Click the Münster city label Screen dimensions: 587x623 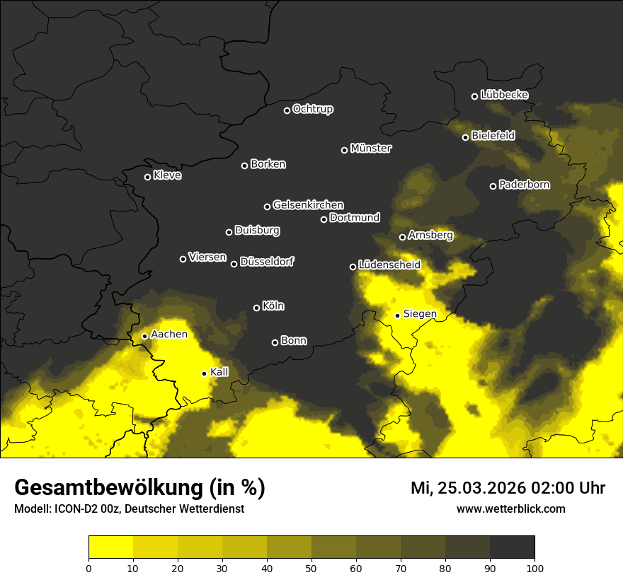(x=370, y=149)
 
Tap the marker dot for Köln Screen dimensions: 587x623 (x=256, y=308)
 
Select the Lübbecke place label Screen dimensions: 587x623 (x=504, y=95)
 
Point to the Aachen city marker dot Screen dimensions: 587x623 (x=144, y=336)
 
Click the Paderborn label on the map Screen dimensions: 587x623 (x=524, y=185)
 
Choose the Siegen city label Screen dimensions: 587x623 (x=420, y=314)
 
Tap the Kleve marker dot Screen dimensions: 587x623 (x=147, y=177)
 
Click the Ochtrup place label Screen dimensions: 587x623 (x=312, y=109)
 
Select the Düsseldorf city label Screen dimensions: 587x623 (x=266, y=262)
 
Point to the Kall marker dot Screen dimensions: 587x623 (x=204, y=373)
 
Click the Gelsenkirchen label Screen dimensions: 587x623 (x=308, y=205)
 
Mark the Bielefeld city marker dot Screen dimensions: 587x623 (x=465, y=137)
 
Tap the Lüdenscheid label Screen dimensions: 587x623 (x=389, y=265)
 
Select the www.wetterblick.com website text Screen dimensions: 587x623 (x=510, y=508)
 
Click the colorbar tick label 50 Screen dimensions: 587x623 (x=311, y=567)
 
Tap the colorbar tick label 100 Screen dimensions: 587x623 (x=535, y=567)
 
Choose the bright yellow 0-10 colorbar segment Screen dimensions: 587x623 (x=110, y=547)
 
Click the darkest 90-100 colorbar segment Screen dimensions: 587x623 (x=512, y=547)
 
